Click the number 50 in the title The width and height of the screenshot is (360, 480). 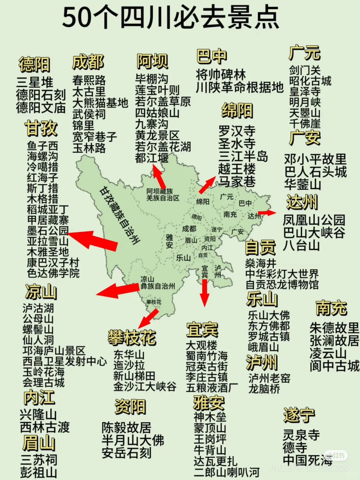pos(77,18)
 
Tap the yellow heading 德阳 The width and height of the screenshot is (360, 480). pos(34,64)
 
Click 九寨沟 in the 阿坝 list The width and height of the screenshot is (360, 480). pos(152,124)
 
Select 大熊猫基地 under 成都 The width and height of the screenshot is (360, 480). pos(100,103)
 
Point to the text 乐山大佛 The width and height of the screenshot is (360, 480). pos(269,315)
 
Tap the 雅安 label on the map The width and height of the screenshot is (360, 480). pos(169,241)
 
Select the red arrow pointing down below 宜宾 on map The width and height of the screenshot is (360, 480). pos(204,293)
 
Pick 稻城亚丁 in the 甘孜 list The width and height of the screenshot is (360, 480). pos(48,209)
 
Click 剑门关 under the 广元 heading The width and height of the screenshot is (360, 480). pos(305,70)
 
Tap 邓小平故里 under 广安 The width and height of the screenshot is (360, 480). pos(315,159)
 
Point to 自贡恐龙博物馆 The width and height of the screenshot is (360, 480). pos(282,285)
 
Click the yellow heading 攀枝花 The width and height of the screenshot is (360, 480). pos(132,338)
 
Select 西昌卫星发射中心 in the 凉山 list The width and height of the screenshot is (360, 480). pos(65,361)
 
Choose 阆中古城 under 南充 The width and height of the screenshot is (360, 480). pos(334,366)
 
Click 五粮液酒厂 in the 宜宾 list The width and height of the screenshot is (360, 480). pos(212,388)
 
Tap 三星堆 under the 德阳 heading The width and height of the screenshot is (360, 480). pos(35,82)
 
